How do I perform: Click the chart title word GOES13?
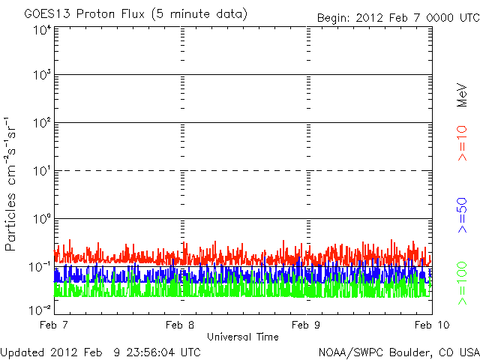(47, 13)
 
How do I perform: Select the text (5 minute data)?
(199, 14)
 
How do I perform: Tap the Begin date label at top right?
(398, 18)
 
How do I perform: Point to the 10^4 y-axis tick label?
(43, 31)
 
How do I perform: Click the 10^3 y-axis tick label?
(43, 75)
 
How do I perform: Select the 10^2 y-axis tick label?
(43, 123)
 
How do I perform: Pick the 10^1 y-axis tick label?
(43, 171)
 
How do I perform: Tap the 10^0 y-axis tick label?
(43, 219)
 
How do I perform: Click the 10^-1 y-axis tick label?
(40, 267)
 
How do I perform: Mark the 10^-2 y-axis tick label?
(40, 310)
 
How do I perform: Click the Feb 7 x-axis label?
(54, 325)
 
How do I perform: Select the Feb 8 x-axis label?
(180, 325)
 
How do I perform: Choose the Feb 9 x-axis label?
(306, 325)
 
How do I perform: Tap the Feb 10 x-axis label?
(432, 325)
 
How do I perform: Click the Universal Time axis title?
(243, 337)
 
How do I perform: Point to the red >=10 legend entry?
(462, 142)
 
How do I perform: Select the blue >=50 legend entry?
(462, 215)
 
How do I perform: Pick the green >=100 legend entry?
(462, 283)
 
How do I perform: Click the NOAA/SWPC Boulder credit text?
(399, 352)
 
